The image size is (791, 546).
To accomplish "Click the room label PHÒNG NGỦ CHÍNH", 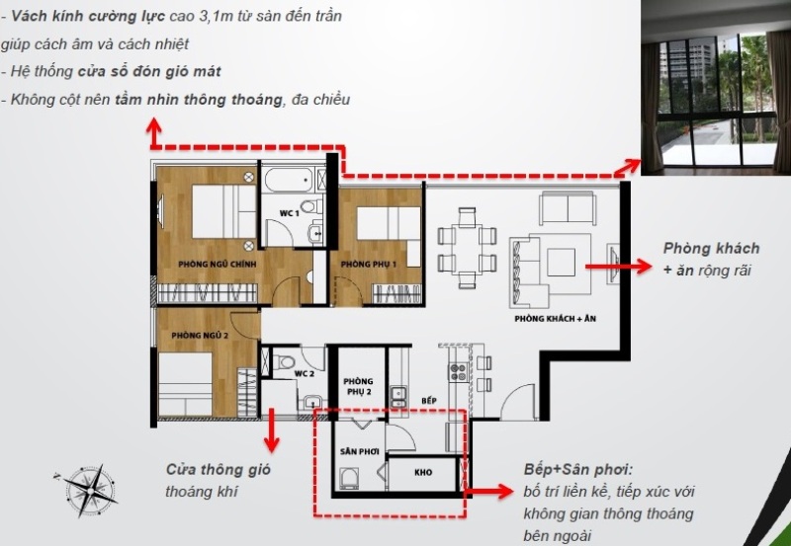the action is [x=217, y=264].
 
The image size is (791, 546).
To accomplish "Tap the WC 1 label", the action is [x=290, y=213].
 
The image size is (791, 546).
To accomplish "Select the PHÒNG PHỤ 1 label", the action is [x=368, y=264].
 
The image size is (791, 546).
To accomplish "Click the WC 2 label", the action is [x=305, y=374].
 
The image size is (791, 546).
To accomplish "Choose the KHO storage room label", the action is [x=423, y=473].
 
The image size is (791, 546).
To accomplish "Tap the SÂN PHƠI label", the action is [x=359, y=452].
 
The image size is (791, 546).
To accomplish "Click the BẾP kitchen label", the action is [x=429, y=401].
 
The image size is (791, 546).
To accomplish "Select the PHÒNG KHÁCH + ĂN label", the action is [x=555, y=318].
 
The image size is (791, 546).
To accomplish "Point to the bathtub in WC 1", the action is [x=289, y=180].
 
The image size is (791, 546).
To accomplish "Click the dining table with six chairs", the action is [x=467, y=249].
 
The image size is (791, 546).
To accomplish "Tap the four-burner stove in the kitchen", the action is [x=458, y=371].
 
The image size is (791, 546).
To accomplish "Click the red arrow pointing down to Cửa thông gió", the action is [x=271, y=430].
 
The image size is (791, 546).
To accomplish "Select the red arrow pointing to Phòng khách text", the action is [x=619, y=266].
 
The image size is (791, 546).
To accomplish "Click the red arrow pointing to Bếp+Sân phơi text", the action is [x=488, y=490].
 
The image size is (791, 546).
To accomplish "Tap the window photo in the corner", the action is [x=716, y=88].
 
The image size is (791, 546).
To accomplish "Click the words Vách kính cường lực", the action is [x=88, y=16].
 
